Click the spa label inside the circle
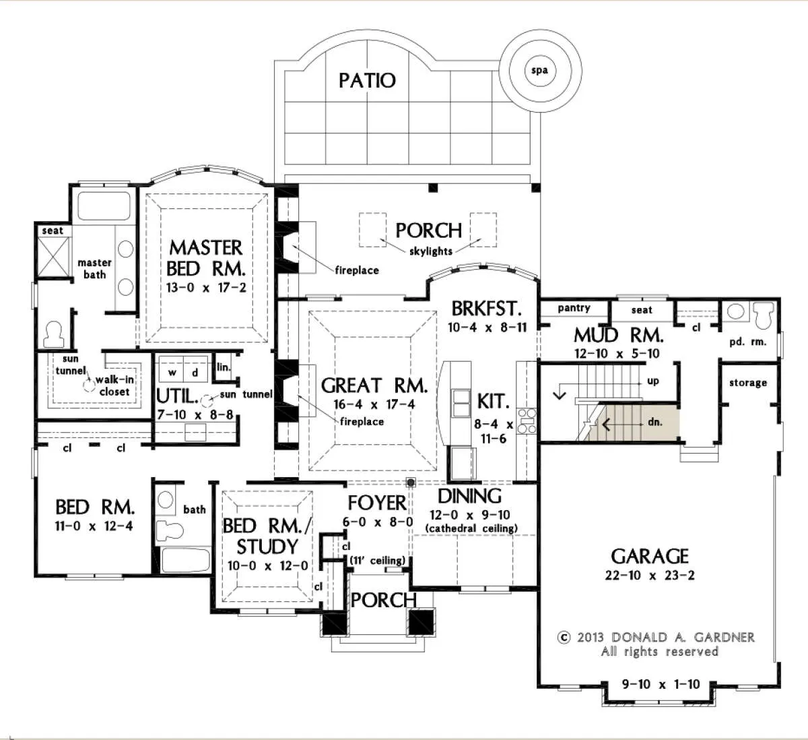pos(539,71)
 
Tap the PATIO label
pos(367,81)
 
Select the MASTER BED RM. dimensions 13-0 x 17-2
pos(206,288)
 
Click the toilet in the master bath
pos(54,334)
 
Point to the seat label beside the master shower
pos(53,230)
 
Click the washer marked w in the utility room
pos(172,372)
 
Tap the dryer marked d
pos(195,372)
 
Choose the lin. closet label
pos(224,367)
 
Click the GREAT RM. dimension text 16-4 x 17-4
pos(374,404)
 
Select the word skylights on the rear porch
pos(430,251)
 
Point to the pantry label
pos(574,308)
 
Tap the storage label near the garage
pos(748,382)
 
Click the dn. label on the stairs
pos(655,422)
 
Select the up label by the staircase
pos(653,381)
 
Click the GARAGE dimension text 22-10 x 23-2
pos(650,575)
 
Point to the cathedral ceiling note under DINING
pos(471,528)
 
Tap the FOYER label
pos(377,503)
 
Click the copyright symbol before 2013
pos(564,637)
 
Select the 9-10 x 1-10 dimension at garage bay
pos(661,684)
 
